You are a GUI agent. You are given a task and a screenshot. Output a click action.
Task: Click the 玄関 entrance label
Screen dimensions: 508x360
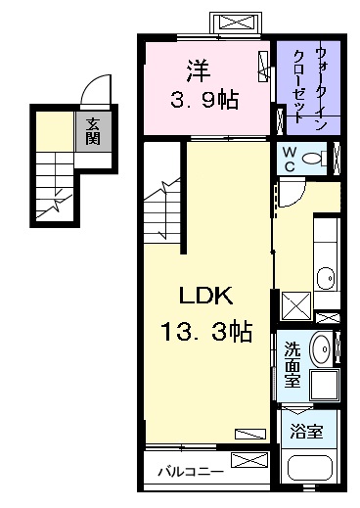(91, 130)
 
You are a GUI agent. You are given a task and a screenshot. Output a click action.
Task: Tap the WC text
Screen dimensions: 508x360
(291, 158)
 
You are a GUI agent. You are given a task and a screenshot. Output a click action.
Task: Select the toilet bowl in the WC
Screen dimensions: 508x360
(314, 159)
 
